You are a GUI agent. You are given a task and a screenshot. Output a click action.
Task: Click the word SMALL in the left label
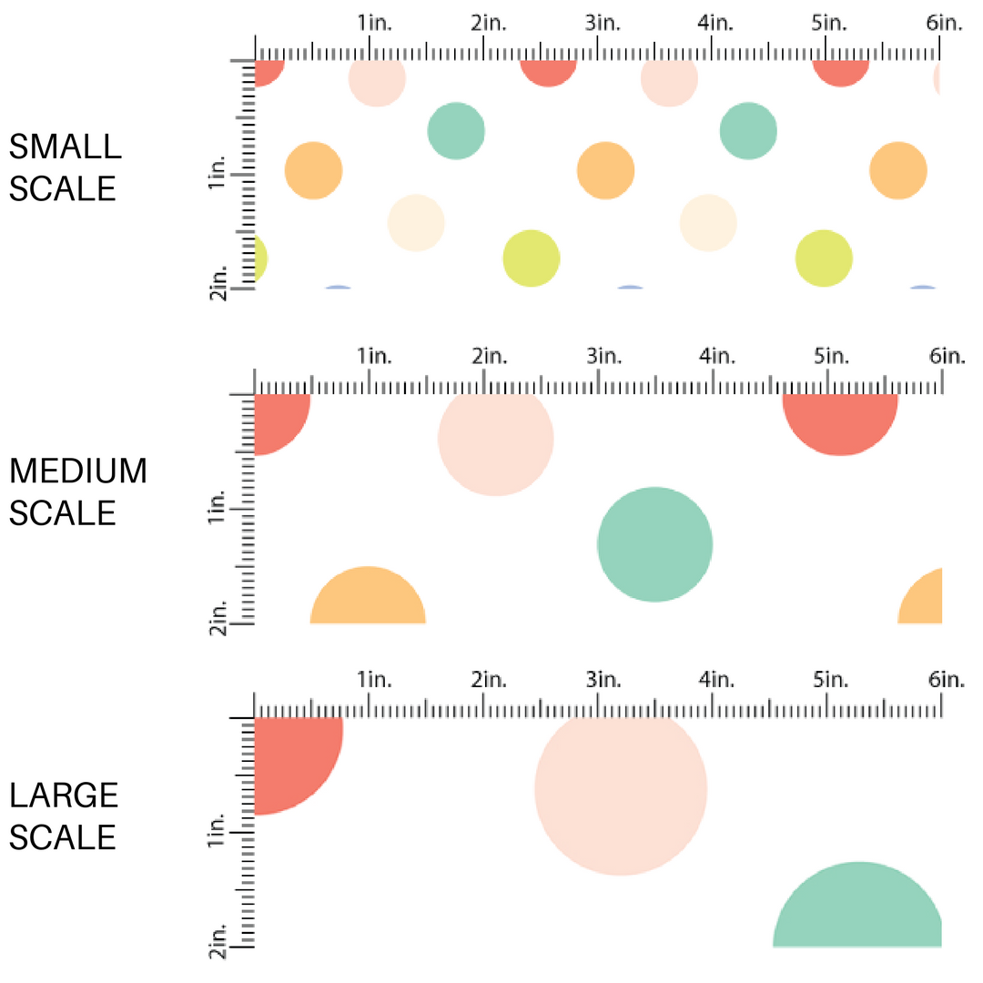[65, 147]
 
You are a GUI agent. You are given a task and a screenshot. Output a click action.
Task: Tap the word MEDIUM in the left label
[78, 471]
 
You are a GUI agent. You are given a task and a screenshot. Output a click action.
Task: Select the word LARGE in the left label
[65, 796]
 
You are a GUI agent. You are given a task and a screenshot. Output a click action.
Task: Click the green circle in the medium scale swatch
[654, 544]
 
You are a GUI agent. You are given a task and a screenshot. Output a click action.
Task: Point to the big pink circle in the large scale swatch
[621, 790]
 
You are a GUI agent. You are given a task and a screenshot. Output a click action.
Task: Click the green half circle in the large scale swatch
[857, 910]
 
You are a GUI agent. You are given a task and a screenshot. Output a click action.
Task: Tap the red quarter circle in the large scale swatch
[293, 760]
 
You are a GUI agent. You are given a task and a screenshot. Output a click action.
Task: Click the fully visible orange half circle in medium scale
[368, 599]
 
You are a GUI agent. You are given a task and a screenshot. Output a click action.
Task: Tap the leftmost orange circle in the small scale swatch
[313, 170]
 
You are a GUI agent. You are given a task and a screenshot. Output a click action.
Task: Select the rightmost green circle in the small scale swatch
[748, 130]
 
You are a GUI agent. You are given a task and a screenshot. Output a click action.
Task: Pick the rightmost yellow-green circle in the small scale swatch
[824, 258]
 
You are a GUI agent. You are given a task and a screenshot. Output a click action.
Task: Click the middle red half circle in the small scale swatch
[548, 72]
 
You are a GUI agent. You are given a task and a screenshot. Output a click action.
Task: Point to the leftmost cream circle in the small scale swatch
[416, 222]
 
